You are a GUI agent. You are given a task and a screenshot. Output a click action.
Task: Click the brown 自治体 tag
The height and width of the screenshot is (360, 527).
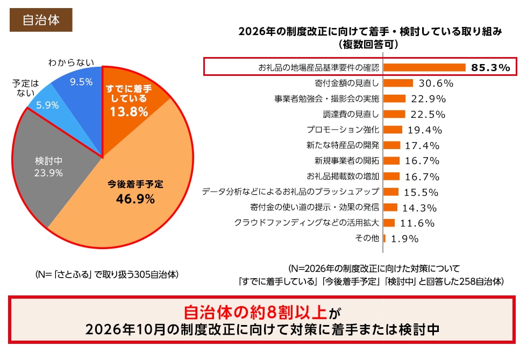coord(40,20)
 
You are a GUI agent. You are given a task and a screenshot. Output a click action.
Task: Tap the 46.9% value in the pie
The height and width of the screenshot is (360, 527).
coord(135,199)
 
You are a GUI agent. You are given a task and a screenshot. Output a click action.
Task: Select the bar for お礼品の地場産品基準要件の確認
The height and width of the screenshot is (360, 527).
coord(424,68)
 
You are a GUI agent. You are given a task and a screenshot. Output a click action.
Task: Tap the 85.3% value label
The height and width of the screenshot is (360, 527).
coord(490,68)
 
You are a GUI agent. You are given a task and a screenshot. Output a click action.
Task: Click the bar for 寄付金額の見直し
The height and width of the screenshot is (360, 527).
coord(398,83)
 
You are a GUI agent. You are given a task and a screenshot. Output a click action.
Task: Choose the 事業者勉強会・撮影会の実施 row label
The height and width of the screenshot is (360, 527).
coord(326,99)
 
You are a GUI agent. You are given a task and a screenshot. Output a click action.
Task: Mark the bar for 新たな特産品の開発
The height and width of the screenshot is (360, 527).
coord(391,145)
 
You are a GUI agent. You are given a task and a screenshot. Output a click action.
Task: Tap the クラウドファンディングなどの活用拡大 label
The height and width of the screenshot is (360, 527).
coord(307,223)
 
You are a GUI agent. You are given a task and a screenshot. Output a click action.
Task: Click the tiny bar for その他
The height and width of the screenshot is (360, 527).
coord(384,238)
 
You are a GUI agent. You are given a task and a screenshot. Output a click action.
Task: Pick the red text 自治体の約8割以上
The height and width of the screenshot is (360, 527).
coord(255,312)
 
